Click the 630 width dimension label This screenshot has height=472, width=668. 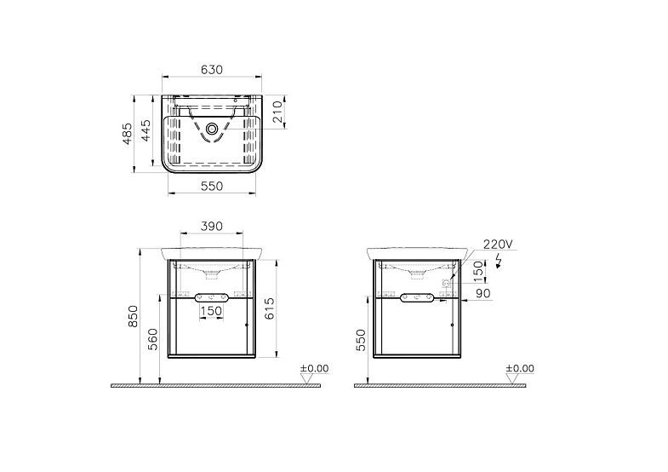(212, 70)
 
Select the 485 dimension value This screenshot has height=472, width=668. (128, 134)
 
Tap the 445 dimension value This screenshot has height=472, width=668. (146, 130)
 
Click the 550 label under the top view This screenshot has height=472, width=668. (212, 187)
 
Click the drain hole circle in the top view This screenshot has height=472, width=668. (212, 129)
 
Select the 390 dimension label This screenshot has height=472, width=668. (212, 227)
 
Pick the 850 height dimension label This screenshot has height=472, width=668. (134, 316)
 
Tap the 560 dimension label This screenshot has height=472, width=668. (152, 339)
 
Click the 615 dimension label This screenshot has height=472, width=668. (269, 308)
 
